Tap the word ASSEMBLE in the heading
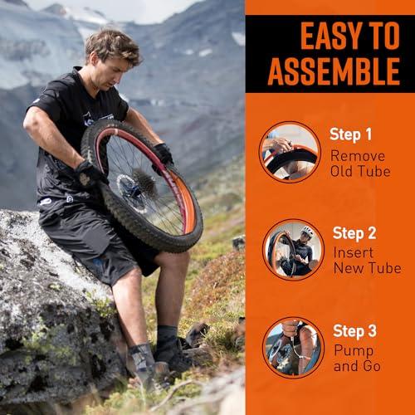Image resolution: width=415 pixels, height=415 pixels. coord(334,71)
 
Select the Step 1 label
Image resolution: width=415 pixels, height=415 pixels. coord(350,134)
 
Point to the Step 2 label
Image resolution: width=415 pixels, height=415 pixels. coord(354,233)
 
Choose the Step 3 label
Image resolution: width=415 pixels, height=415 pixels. coord(354,331)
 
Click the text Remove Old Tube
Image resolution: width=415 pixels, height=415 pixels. coord(360,164)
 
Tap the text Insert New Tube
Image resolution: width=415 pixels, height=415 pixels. coord(368,261)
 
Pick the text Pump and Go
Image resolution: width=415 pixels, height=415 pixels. coord(357,359)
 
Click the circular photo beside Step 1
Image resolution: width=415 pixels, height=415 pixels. coord(290,152)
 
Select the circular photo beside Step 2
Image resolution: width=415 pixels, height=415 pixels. coord(293,250)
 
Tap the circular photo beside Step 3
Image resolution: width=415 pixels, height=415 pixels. coord(293,348)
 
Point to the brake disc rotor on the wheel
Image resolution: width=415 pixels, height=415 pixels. coord(130,191)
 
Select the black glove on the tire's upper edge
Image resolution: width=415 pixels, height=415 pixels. coord(163,154)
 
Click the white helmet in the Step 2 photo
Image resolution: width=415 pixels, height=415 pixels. coord(307,231)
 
